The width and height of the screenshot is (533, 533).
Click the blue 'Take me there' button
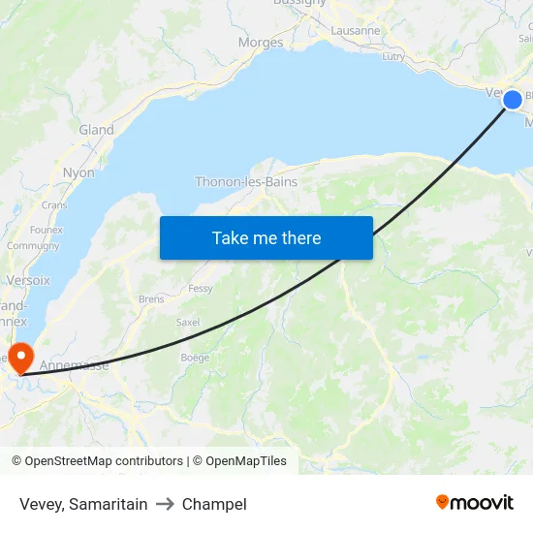[x=266, y=237]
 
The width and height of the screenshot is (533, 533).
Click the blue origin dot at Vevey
[x=513, y=99]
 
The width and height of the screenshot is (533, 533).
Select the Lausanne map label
[x=356, y=31]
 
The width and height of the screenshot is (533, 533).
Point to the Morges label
[x=261, y=43]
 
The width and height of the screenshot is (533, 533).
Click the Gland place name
[x=96, y=130]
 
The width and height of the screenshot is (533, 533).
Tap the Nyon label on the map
[x=78, y=172]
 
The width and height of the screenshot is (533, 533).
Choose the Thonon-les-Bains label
[x=246, y=181]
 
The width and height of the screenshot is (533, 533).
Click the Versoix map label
[x=27, y=280]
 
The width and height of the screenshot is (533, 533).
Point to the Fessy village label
[x=201, y=289]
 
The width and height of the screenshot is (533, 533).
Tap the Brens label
[x=151, y=299]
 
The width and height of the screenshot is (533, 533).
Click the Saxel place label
[x=188, y=323]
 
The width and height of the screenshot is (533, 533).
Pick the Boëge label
[x=195, y=358]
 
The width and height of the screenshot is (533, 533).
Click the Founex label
[x=46, y=230]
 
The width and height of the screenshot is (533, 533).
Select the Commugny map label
[x=33, y=246]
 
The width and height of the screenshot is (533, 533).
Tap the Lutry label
[x=393, y=57]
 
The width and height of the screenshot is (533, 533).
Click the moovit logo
[x=475, y=503]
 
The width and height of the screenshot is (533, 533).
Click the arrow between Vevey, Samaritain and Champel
[x=165, y=504]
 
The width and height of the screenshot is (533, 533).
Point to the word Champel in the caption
[x=214, y=504]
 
